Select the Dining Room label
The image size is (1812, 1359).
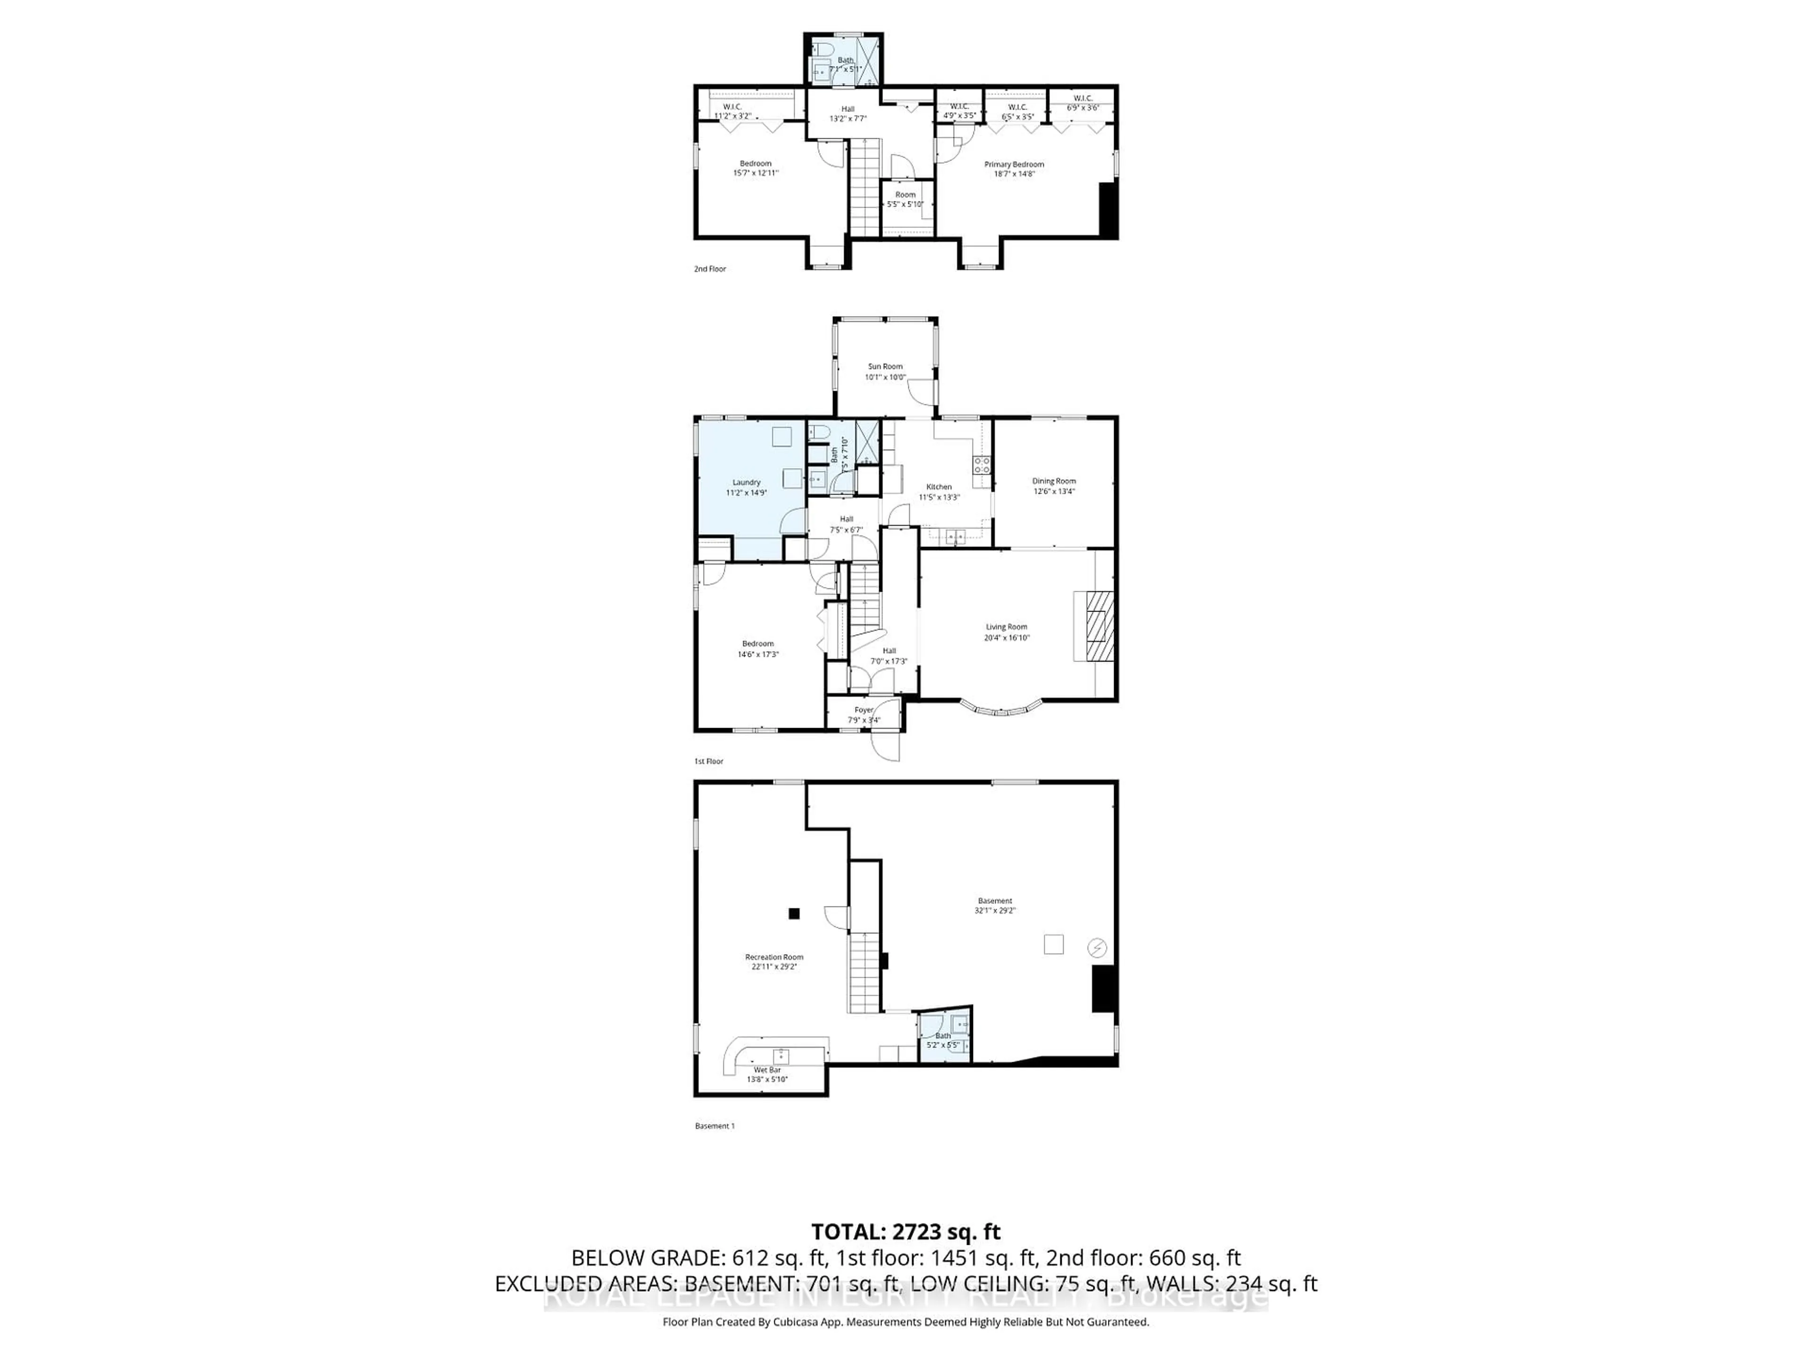tap(1053, 481)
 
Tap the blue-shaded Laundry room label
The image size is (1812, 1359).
tap(746, 482)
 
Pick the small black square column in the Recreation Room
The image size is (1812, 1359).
tap(793, 914)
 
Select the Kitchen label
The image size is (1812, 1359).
tap(939, 487)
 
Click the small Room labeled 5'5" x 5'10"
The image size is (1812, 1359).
tap(905, 199)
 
